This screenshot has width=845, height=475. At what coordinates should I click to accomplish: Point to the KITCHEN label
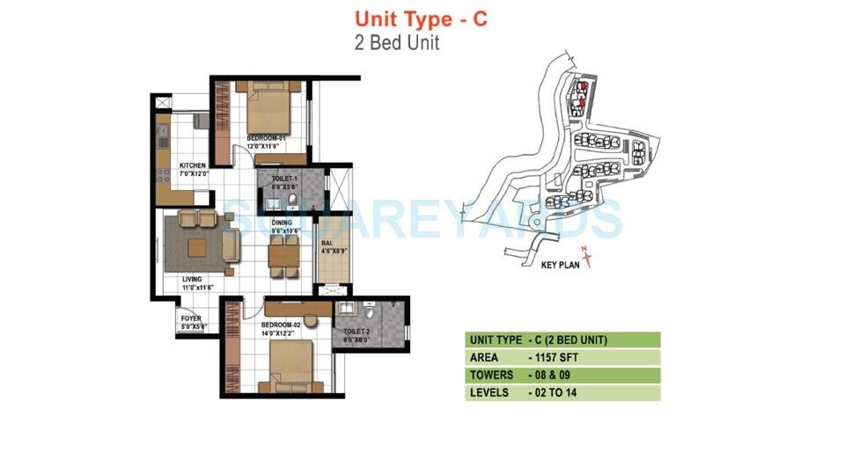pyautogui.click(x=192, y=165)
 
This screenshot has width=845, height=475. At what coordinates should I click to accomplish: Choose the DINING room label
pyautogui.click(x=281, y=223)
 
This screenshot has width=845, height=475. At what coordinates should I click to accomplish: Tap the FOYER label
pyautogui.click(x=191, y=318)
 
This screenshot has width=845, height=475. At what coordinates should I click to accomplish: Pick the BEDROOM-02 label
pyautogui.click(x=282, y=325)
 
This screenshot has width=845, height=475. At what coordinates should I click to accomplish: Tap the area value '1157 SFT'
pyautogui.click(x=561, y=357)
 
